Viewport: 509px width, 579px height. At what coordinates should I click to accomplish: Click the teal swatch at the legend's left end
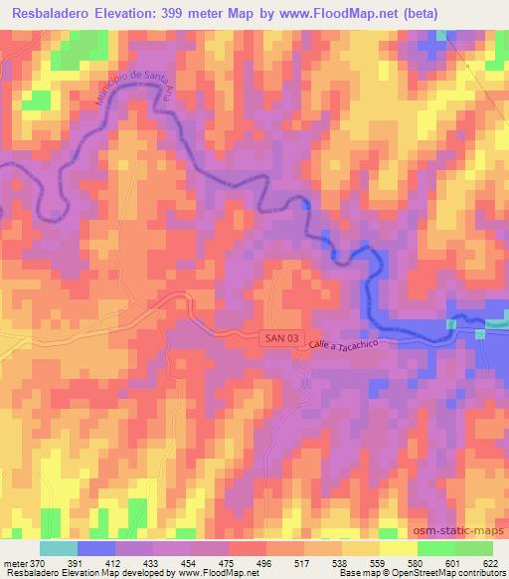(x=59, y=547)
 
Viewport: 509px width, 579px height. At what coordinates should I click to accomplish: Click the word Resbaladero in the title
(x=56, y=13)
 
